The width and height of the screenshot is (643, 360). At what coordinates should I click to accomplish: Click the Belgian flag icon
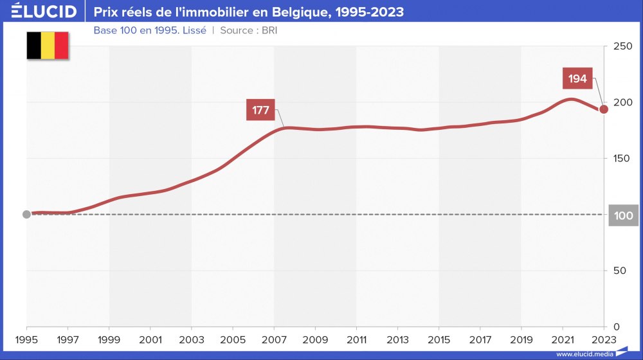[x=48, y=46]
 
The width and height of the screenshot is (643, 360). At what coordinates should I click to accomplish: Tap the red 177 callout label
[x=260, y=110]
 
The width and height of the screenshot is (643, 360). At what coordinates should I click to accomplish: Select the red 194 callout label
[x=577, y=78]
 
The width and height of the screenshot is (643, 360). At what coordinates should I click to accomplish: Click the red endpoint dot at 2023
[x=604, y=109]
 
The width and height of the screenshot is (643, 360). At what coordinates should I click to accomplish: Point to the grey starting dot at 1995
[x=26, y=214]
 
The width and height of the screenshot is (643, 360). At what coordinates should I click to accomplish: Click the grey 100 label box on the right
[x=624, y=216]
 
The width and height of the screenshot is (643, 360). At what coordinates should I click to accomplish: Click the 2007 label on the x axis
[x=274, y=340]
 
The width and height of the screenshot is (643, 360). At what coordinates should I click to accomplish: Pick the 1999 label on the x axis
[x=109, y=340]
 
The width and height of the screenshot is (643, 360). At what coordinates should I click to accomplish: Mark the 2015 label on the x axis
[x=439, y=340]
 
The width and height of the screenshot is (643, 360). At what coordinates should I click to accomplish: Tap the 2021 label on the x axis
[x=563, y=340]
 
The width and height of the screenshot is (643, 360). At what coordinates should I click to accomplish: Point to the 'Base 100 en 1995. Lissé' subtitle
[x=150, y=30]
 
